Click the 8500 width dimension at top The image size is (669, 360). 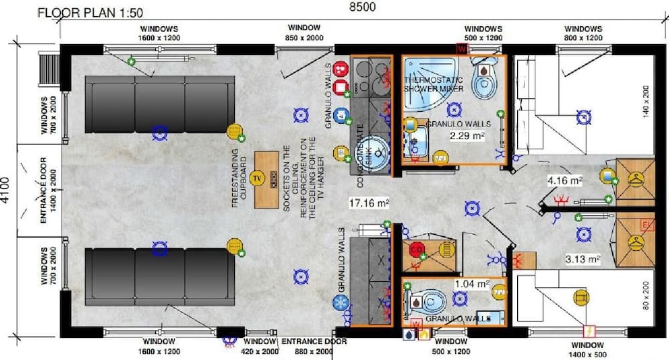coord(361,7)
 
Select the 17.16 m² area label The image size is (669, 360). coord(369,201)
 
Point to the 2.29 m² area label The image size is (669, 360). coord(466,136)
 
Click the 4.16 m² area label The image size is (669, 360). coord(565,180)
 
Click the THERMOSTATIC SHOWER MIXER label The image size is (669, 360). coord(434,84)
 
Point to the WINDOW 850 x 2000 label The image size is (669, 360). coord(304,33)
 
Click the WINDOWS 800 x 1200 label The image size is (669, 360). coord(583,33)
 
